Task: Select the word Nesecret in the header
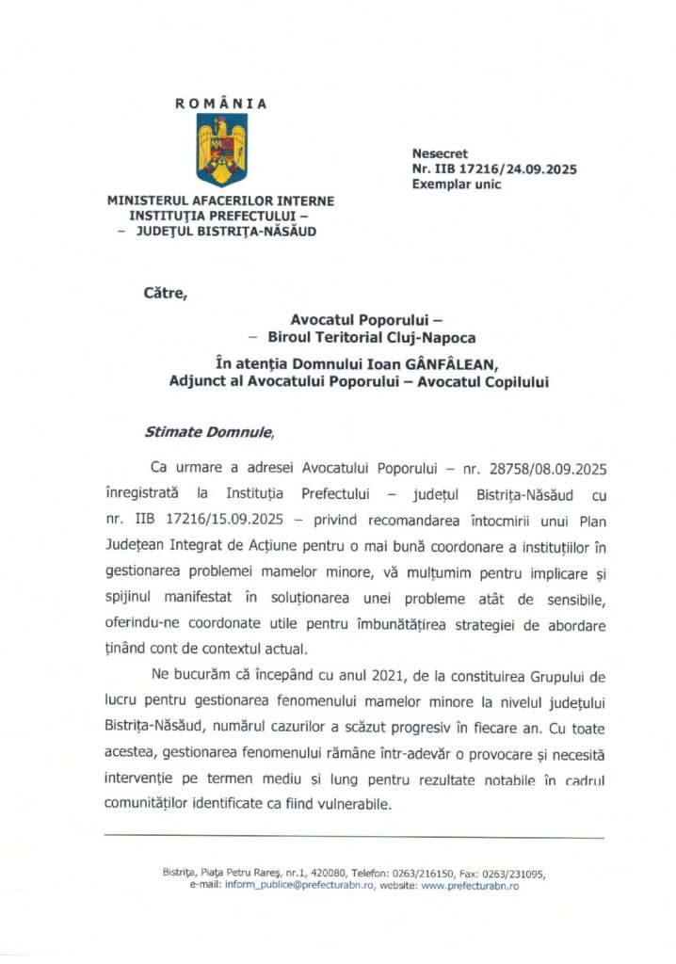pos(440,153)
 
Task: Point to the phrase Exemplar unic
pos(457,185)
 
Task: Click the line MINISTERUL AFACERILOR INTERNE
pos(220,201)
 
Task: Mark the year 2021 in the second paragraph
pos(356,675)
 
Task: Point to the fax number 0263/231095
pos(511,873)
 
